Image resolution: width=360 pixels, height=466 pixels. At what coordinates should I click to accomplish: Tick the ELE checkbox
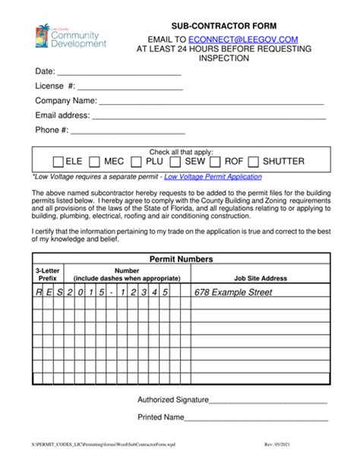click(58, 162)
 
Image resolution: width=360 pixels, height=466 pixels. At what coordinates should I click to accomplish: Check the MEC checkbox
click(95, 162)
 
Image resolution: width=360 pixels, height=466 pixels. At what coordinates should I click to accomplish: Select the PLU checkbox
click(136, 162)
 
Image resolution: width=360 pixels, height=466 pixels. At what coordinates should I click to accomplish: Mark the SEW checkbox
click(175, 162)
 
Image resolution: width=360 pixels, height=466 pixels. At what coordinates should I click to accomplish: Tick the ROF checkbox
click(215, 162)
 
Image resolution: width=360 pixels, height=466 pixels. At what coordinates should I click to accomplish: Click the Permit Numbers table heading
click(181, 259)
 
